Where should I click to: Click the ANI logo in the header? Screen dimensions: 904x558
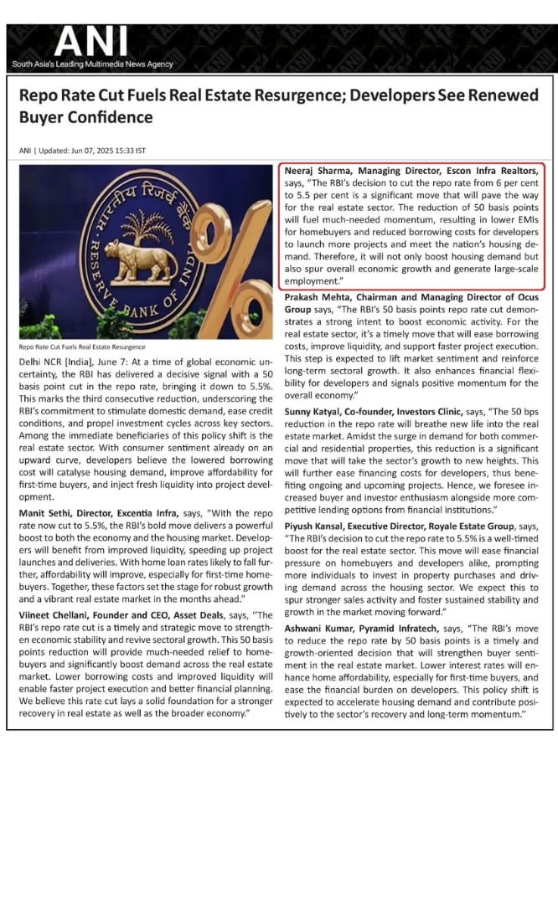point(91,42)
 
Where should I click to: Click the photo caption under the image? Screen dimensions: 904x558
point(81,347)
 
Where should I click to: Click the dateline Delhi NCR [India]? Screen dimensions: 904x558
point(55,359)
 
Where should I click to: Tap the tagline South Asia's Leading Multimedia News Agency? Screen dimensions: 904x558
point(92,64)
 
